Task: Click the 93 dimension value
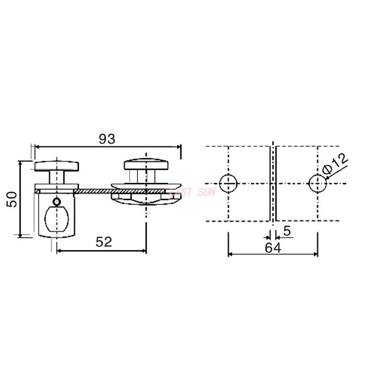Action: (x=107, y=139)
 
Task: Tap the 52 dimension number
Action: (x=103, y=242)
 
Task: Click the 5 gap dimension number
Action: (x=287, y=231)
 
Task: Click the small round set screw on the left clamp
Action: (x=57, y=202)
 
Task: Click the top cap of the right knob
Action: (x=146, y=165)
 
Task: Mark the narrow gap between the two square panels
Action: (x=272, y=183)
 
